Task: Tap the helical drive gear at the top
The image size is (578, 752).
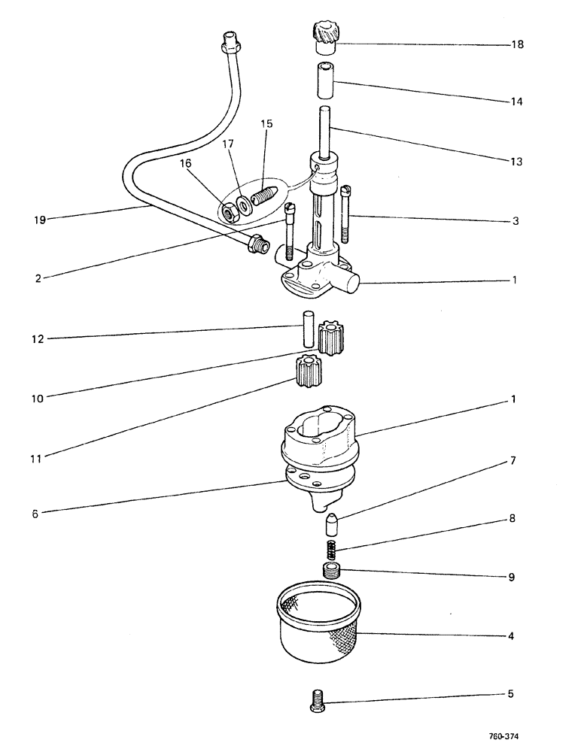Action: (323, 37)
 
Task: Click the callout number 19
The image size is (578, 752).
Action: (41, 220)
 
